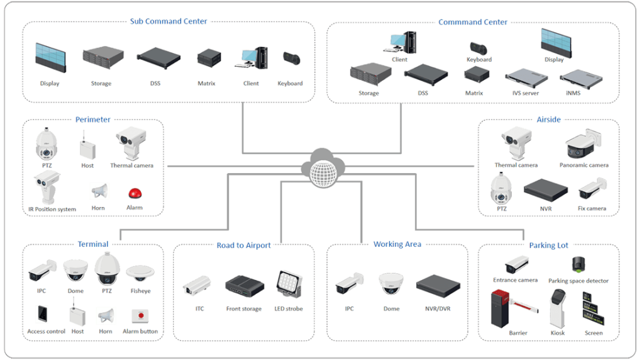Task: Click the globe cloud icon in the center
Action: (321, 167)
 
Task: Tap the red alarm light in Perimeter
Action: (133, 193)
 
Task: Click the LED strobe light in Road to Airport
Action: (288, 284)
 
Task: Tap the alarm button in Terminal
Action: (140, 315)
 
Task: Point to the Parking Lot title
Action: (548, 245)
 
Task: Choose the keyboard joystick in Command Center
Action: (479, 48)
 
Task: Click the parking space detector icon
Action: (577, 263)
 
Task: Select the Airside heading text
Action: (548, 120)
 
